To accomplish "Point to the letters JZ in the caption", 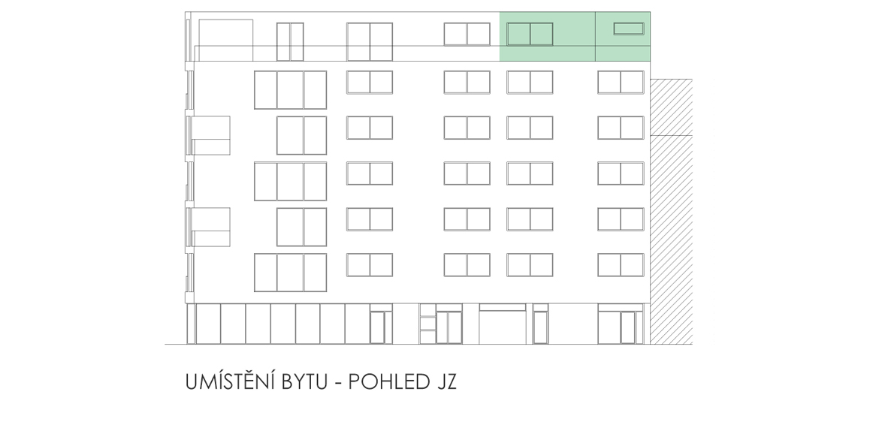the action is (446, 382).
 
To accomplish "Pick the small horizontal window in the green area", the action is (628, 29).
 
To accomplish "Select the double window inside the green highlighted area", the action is (530, 35).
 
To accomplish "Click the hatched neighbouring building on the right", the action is (671, 211).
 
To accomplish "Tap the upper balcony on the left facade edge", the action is (211, 135).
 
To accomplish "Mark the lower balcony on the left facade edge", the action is (211, 227).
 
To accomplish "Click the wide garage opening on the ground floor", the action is (503, 324).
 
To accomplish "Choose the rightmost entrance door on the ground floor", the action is (628, 327).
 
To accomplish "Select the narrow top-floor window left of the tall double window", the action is (290, 41).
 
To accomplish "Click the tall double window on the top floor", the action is (370, 41).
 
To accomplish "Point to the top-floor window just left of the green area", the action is (467, 35).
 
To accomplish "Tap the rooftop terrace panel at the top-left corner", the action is (225, 40).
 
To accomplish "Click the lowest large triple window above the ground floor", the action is (291, 273).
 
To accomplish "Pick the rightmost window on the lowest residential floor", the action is (621, 265).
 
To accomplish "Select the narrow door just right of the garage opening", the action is (540, 327).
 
